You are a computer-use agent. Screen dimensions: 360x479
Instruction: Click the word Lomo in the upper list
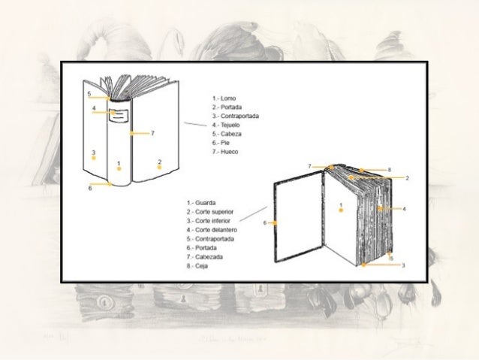[x=228, y=98]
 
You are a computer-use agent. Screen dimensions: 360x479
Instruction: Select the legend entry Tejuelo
[x=230, y=125]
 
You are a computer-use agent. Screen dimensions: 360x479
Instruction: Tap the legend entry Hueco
[x=228, y=152]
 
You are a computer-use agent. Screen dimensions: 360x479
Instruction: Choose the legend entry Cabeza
[x=230, y=134]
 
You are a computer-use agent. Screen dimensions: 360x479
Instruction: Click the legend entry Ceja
[x=206, y=266]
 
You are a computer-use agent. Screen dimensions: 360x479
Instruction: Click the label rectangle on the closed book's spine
[x=118, y=115]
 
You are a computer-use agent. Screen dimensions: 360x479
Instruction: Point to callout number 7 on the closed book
[x=152, y=133]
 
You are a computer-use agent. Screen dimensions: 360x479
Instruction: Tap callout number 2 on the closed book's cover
[x=160, y=162]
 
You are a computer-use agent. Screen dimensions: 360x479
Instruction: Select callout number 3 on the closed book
[x=93, y=153]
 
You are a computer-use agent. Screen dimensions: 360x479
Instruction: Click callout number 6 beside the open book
[x=265, y=223]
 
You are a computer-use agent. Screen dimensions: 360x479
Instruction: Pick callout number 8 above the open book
[x=390, y=171]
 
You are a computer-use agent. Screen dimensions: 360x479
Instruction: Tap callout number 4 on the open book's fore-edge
[x=404, y=208]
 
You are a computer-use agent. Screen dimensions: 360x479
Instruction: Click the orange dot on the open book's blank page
[x=342, y=210]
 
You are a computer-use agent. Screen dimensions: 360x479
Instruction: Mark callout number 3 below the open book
[x=403, y=265]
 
